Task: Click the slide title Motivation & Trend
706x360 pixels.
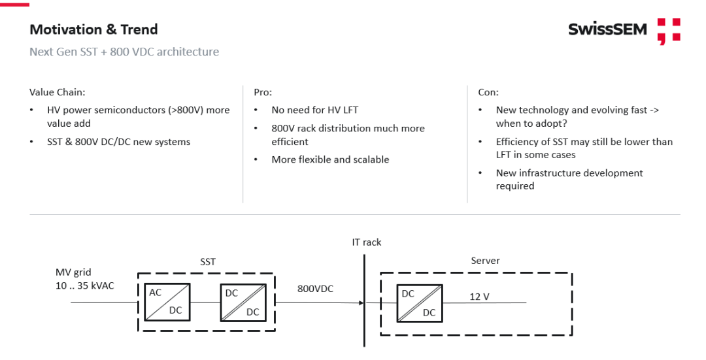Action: pyautogui.click(x=93, y=29)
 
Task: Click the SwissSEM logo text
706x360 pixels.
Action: pyautogui.click(x=607, y=29)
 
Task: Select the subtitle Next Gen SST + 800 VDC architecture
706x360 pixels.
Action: pyautogui.click(x=124, y=52)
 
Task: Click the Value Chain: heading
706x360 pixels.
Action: pyautogui.click(x=57, y=92)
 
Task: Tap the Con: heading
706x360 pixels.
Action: pyautogui.click(x=488, y=92)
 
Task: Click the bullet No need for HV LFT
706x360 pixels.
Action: pyautogui.click(x=314, y=110)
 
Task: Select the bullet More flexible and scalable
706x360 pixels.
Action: pyautogui.click(x=330, y=159)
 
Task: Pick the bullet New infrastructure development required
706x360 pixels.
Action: pyautogui.click(x=569, y=179)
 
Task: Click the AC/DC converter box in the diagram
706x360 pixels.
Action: pyautogui.click(x=167, y=301)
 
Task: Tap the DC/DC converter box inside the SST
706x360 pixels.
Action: pyautogui.click(x=243, y=302)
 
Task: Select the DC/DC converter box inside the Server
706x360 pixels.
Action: pyautogui.click(x=419, y=303)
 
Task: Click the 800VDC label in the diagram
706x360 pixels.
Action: pyautogui.click(x=315, y=288)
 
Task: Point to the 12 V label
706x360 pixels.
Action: pyautogui.click(x=479, y=297)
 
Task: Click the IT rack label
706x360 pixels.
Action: pyautogui.click(x=366, y=242)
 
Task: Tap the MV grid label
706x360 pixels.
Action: pyautogui.click(x=73, y=272)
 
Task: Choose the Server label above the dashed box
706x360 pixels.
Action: pyautogui.click(x=485, y=261)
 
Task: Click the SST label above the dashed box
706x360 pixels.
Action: pyautogui.click(x=208, y=261)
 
